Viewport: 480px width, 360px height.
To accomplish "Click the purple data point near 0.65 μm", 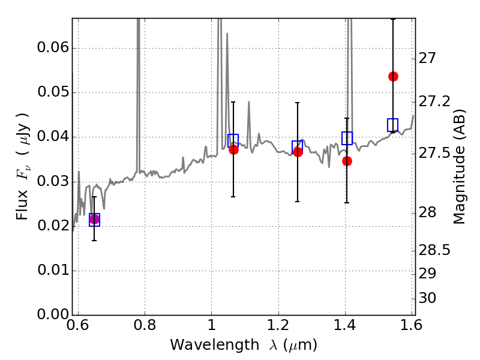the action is click(x=94, y=219).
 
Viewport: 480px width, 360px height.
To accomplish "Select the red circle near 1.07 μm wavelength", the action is click(x=233, y=149).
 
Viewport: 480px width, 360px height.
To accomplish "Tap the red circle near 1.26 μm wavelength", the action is click(x=298, y=152).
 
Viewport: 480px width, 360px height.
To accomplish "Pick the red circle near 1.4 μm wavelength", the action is click(x=347, y=161).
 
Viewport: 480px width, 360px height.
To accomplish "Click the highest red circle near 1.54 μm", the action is click(x=393, y=77).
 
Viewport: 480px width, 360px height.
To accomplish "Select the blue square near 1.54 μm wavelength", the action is click(x=393, y=125).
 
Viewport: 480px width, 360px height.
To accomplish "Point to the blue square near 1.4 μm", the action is click(x=347, y=139).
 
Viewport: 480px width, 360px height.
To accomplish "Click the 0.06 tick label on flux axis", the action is click(x=53, y=48).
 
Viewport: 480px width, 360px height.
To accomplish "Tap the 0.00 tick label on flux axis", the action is click(x=53, y=314).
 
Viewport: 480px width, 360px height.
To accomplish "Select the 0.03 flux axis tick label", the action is click(x=53, y=181).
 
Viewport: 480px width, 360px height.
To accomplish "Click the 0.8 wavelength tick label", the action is click(x=145, y=325).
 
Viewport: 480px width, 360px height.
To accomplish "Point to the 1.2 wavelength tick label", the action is click(x=278, y=325).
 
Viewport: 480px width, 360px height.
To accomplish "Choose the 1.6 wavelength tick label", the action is click(x=412, y=325).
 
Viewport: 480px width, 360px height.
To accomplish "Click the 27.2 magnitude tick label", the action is click(x=434, y=101).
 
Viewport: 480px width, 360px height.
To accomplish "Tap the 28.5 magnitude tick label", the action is click(x=434, y=250).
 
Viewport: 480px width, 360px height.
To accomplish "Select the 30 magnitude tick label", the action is click(x=427, y=298).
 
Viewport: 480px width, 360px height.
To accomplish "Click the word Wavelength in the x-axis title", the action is click(x=215, y=345).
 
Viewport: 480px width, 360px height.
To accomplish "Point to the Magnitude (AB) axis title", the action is click(x=459, y=167).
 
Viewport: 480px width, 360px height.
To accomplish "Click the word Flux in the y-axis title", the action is click(x=22, y=205).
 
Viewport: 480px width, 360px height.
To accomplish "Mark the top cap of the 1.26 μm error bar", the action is click(x=297, y=103).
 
